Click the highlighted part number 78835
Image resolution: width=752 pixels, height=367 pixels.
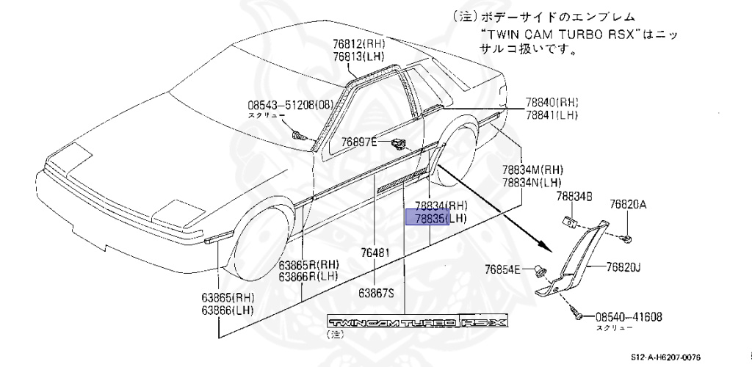(427, 218)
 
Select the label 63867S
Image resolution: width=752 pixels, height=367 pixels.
(376, 292)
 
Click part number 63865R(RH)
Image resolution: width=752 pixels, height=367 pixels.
(308, 265)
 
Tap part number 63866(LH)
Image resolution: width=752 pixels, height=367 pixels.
(237, 311)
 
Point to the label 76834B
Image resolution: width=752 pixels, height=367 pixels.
(573, 196)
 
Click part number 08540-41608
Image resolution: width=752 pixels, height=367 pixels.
(629, 317)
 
